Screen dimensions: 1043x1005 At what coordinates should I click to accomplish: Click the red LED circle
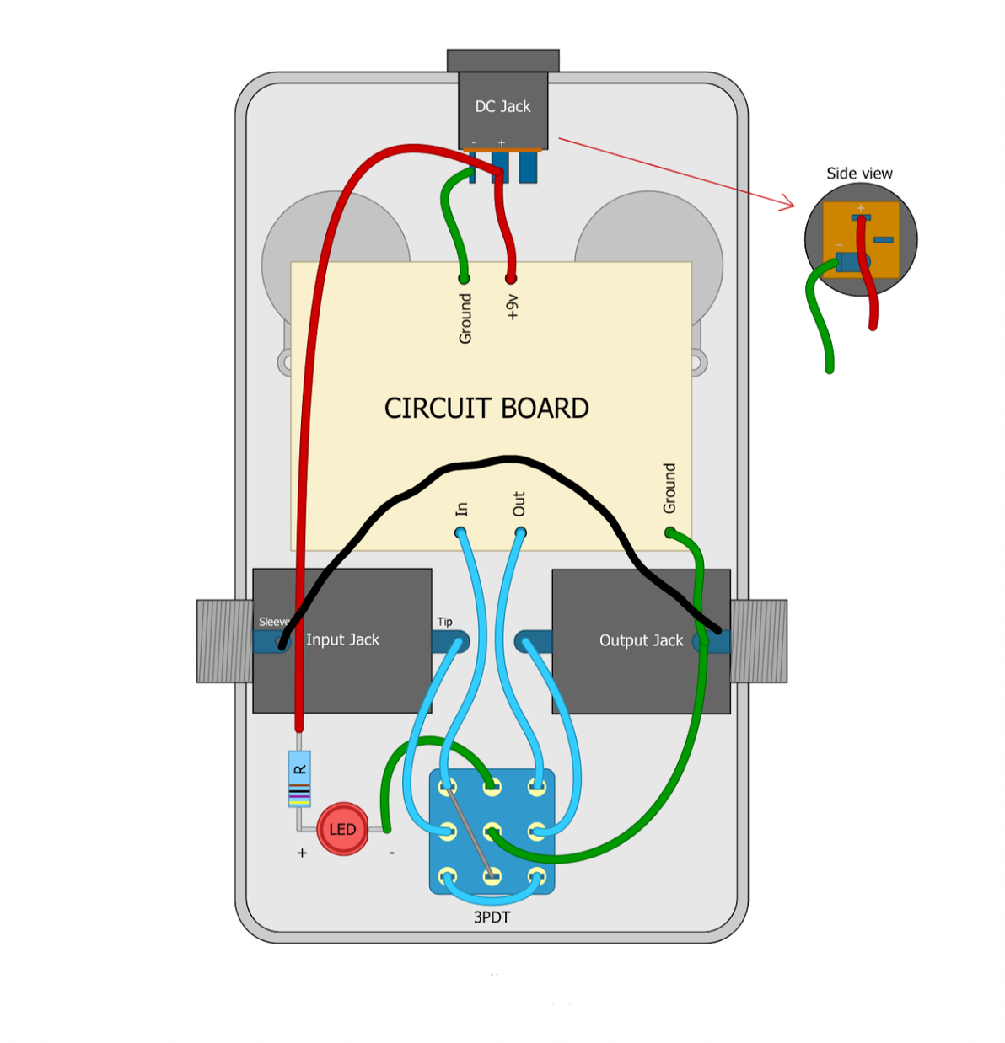pyautogui.click(x=342, y=829)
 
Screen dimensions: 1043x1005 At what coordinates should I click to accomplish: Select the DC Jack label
pyautogui.click(x=502, y=106)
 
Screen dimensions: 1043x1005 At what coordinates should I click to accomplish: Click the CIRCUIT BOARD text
pyautogui.click(x=486, y=409)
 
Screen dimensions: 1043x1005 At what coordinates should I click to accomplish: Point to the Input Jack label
pyautogui.click(x=342, y=639)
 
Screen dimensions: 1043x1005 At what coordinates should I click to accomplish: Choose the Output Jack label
pyautogui.click(x=641, y=640)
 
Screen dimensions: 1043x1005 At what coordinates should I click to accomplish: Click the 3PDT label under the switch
pyautogui.click(x=492, y=917)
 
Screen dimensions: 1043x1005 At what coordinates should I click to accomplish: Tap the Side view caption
pyautogui.click(x=858, y=174)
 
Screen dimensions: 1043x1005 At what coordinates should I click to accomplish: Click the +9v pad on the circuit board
pyautogui.click(x=510, y=278)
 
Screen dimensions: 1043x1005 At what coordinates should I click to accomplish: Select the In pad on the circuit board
pyautogui.click(x=460, y=532)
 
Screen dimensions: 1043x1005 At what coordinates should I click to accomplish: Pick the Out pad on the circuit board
pyautogui.click(x=520, y=532)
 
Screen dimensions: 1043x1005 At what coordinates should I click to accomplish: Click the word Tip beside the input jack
pyautogui.click(x=444, y=622)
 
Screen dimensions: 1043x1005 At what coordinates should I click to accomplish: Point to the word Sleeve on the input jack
pyautogui.click(x=272, y=622)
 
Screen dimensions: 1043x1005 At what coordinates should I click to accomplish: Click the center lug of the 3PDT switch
pyautogui.click(x=492, y=832)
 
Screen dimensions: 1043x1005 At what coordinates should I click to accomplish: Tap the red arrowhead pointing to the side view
pyautogui.click(x=788, y=203)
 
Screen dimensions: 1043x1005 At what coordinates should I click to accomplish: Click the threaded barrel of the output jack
pyautogui.click(x=759, y=641)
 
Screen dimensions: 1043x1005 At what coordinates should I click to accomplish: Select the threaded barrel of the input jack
pyautogui.click(x=224, y=641)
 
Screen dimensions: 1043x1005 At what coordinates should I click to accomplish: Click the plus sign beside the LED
pyautogui.click(x=302, y=853)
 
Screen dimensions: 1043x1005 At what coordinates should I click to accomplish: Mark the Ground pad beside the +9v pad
pyautogui.click(x=464, y=278)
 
